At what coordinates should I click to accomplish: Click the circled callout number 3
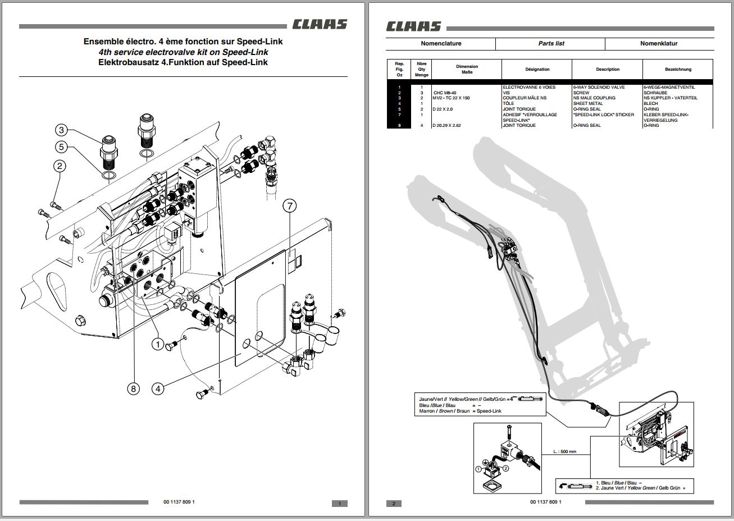(x=62, y=130)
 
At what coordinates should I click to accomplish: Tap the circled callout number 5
(x=62, y=147)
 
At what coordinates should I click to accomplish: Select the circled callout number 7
(x=290, y=206)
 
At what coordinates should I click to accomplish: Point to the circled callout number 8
(x=133, y=389)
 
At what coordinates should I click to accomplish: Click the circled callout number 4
(x=158, y=388)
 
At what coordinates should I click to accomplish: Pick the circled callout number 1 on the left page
(x=158, y=344)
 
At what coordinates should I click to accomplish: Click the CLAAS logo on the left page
(x=319, y=25)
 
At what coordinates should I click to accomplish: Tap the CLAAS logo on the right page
(x=413, y=26)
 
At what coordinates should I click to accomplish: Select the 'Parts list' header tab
(x=551, y=43)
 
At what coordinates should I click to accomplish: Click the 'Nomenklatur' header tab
(x=659, y=43)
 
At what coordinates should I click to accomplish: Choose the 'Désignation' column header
(x=537, y=70)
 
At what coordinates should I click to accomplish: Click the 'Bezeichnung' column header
(x=678, y=70)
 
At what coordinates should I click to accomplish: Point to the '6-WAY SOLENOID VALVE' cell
(x=599, y=88)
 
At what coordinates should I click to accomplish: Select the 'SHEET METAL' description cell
(x=588, y=104)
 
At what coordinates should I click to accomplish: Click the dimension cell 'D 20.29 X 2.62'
(x=447, y=126)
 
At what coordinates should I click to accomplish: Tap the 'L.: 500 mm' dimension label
(x=564, y=451)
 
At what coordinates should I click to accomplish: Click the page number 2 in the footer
(x=394, y=504)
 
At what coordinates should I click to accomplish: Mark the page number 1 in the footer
(x=339, y=504)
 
